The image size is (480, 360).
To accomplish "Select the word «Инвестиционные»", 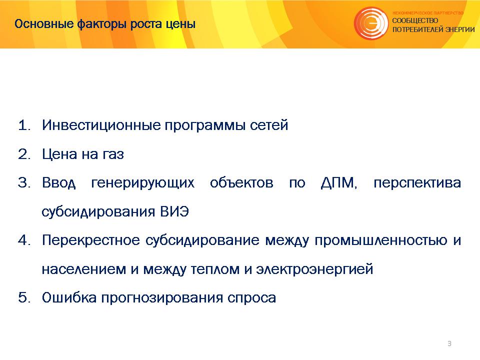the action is [x=101, y=125].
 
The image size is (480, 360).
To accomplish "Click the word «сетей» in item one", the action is [x=269, y=125].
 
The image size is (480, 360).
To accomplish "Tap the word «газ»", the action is [x=113, y=154].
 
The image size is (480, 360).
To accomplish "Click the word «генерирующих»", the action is [x=143, y=183].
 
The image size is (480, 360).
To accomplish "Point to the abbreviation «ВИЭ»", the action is [x=174, y=212].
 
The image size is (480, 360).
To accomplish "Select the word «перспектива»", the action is [x=417, y=183].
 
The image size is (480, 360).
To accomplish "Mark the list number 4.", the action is [x=24, y=240].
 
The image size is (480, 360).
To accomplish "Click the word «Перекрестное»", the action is [x=91, y=240].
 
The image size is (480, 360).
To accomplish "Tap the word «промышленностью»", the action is [x=381, y=240].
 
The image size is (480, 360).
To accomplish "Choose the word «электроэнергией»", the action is [x=314, y=269].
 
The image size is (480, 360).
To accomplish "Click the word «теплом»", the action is [x=215, y=269].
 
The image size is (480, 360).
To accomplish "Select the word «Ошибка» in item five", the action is [x=69, y=298].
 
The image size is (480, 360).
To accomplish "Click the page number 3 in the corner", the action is [x=449, y=343].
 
